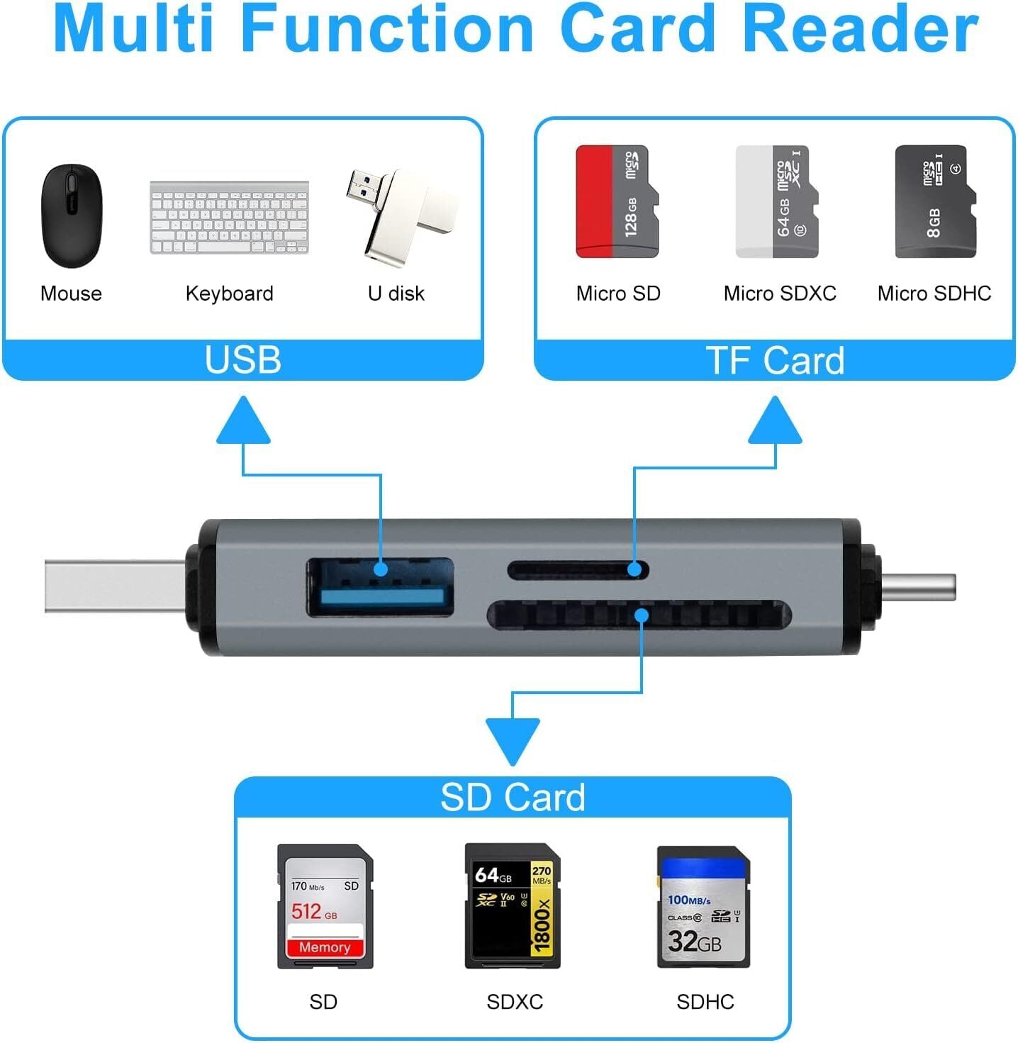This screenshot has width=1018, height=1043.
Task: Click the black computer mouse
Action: click(72, 216)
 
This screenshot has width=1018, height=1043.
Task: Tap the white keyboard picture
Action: click(229, 217)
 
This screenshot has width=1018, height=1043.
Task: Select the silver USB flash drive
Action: click(401, 216)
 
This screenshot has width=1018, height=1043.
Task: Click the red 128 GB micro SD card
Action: click(617, 201)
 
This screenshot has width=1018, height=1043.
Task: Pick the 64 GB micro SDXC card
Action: click(776, 201)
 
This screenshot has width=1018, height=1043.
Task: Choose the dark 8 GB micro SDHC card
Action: click(935, 201)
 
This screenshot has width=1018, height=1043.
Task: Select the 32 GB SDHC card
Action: click(703, 906)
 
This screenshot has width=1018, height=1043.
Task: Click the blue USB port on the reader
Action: click(380, 587)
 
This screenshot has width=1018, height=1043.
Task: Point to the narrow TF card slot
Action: click(578, 569)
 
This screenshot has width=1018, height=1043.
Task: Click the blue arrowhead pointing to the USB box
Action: click(243, 422)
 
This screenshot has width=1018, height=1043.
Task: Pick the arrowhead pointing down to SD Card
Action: click(513, 740)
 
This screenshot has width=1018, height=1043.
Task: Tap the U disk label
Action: click(396, 294)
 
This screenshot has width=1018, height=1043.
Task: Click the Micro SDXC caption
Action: click(780, 294)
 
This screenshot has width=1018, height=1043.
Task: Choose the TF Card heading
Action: click(775, 360)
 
